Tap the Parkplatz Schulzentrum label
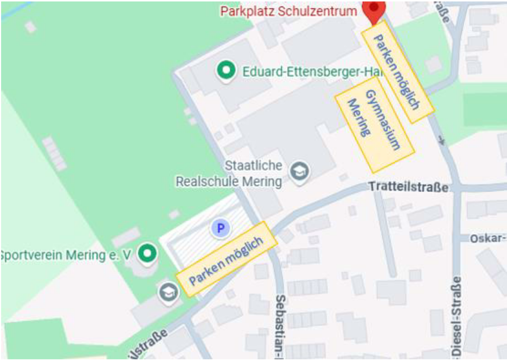click(288, 11)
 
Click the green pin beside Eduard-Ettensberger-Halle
click(226, 70)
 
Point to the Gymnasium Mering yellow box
click(374, 124)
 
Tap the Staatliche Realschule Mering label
click(240, 173)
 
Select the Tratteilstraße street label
click(408, 187)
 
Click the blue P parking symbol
click(220, 229)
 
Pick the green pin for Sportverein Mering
click(147, 253)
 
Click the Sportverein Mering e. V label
click(66, 255)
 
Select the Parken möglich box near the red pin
click(397, 71)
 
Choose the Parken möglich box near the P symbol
click(226, 259)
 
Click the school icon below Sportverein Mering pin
click(169, 292)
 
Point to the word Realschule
click(207, 181)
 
